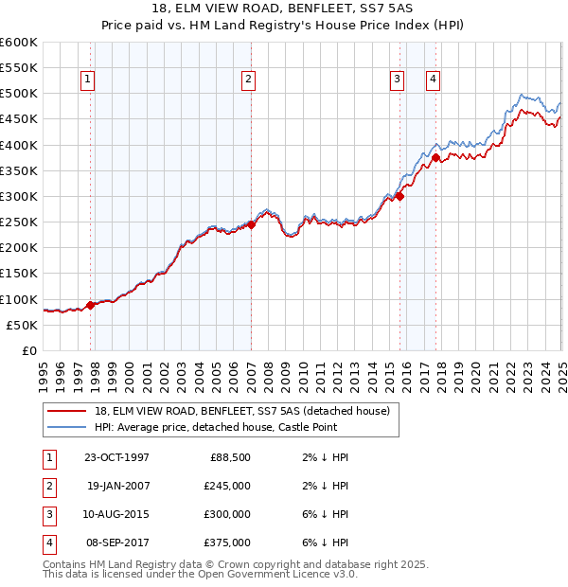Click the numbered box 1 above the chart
pyautogui.click(x=87, y=80)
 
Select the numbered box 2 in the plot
pyautogui.click(x=248, y=80)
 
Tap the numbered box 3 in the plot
pyautogui.click(x=397, y=80)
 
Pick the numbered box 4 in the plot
pyautogui.click(x=433, y=80)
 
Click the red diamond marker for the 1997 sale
pyautogui.click(x=91, y=305)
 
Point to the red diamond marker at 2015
pyautogui.click(x=399, y=196)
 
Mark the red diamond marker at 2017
pyautogui.click(x=435, y=158)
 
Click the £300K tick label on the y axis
pyautogui.click(x=19, y=197)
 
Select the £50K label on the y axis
pyautogui.click(x=22, y=325)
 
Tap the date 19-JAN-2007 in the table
pyautogui.click(x=117, y=486)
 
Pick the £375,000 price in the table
pyautogui.click(x=227, y=543)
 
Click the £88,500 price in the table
pyautogui.click(x=230, y=457)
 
